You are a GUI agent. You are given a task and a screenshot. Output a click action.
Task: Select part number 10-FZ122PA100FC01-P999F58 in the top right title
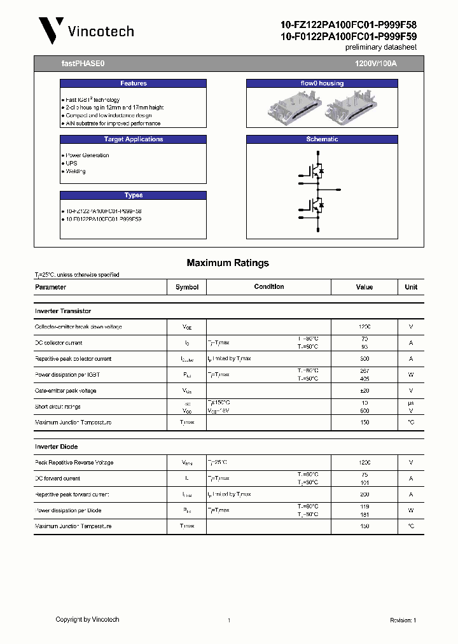(349, 25)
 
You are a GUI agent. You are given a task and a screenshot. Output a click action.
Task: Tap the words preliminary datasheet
(380, 48)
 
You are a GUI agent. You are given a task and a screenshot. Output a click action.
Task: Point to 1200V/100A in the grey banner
(375, 64)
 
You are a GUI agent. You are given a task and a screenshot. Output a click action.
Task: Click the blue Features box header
(133, 83)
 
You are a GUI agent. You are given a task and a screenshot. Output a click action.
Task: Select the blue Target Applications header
(133, 139)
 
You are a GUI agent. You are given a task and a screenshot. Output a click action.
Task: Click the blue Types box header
(133, 195)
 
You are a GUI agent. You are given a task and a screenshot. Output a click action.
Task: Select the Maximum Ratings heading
(228, 263)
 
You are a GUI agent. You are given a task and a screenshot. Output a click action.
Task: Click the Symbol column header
(187, 287)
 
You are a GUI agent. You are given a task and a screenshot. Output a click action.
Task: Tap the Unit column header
(411, 287)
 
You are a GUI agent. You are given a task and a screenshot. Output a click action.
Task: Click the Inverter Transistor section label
(63, 311)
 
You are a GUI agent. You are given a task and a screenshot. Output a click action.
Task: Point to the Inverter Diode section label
(56, 447)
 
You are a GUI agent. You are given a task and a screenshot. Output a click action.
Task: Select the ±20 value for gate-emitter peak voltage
(364, 391)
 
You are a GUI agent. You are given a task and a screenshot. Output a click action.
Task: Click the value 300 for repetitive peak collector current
(364, 359)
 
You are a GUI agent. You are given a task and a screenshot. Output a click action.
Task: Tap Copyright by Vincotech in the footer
(87, 619)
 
